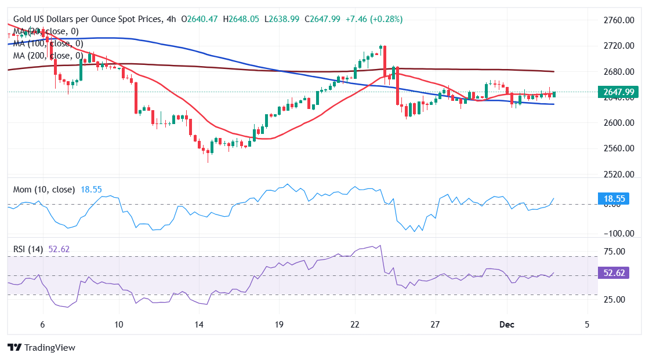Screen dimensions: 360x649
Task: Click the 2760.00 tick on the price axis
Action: point(617,20)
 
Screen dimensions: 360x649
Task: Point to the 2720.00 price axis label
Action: point(617,46)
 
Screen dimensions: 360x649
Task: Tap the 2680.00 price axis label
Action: point(617,72)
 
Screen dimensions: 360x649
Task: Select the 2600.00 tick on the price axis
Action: point(617,123)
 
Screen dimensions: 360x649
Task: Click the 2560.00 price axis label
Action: point(617,148)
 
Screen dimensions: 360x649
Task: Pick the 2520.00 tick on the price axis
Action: point(617,174)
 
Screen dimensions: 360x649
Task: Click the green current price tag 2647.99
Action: point(618,92)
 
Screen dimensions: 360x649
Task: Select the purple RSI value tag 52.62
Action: point(612,274)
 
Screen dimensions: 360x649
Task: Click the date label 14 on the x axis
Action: point(199,324)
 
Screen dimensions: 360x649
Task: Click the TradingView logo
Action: point(41,348)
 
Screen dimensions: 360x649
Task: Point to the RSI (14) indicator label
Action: point(28,249)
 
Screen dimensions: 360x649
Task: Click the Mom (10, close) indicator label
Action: point(44,190)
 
